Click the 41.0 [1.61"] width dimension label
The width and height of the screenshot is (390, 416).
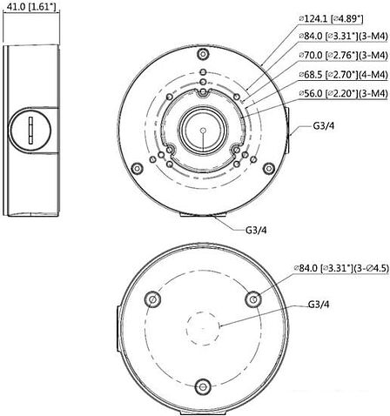click(31, 7)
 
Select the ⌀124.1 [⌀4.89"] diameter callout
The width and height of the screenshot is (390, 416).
click(331, 19)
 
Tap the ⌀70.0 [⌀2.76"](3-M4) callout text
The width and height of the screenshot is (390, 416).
click(343, 55)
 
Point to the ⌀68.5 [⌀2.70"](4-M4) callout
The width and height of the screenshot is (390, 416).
click(343, 74)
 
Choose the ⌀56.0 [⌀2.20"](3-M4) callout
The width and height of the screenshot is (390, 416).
click(343, 93)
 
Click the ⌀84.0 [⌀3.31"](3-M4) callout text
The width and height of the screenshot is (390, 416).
click(343, 36)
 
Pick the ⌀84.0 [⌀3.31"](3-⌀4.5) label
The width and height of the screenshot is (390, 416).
click(341, 268)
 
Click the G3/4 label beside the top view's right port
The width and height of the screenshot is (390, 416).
click(324, 126)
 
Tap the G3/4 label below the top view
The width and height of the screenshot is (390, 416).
click(256, 230)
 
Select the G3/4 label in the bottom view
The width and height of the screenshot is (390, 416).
click(319, 305)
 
